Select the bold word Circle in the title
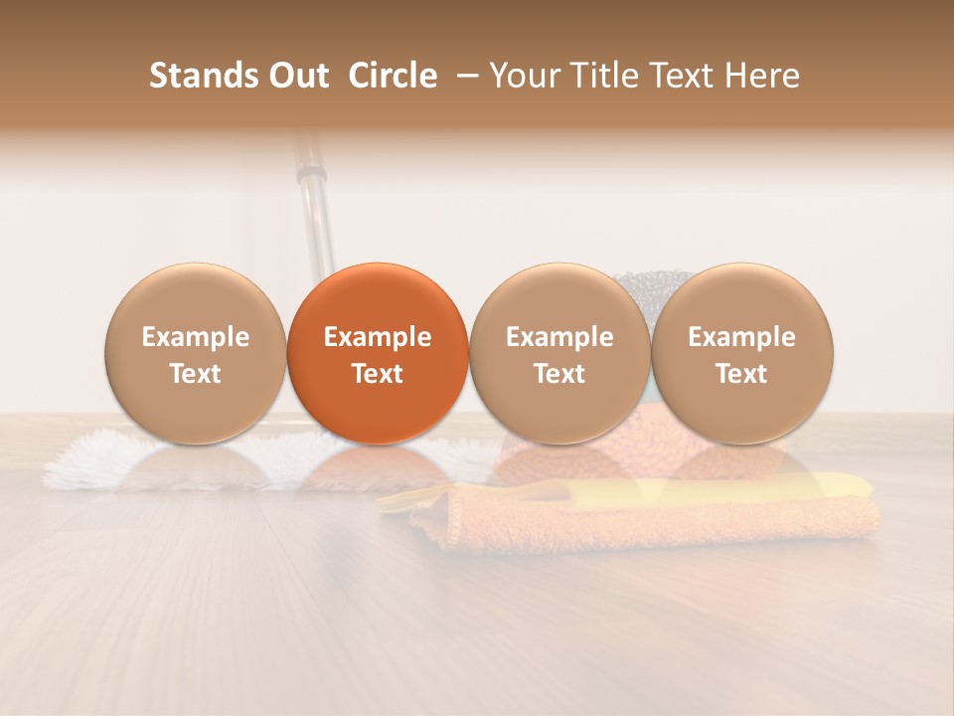(x=393, y=76)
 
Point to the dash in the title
(x=463, y=76)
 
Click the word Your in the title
(x=518, y=76)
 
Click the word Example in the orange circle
(x=378, y=337)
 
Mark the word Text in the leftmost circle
(x=196, y=374)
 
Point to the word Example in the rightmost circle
(x=742, y=337)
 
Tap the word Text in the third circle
(x=559, y=374)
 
